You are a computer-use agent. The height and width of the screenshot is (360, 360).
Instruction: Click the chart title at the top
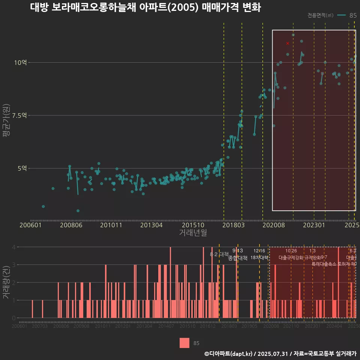tap(145, 7)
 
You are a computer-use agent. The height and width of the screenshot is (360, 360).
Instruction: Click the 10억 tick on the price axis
tap(21, 63)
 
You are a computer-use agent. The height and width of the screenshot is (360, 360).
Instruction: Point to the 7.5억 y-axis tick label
tap(19, 115)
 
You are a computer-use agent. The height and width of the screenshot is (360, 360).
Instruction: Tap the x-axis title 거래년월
tap(193, 232)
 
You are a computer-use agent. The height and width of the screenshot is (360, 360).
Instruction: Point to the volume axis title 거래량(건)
tap(6, 282)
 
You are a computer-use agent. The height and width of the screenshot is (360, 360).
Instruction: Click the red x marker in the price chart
tap(288, 43)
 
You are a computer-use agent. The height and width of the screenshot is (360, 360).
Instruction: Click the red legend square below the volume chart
tap(184, 343)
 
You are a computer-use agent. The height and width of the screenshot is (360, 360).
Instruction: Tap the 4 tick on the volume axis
tap(14, 247)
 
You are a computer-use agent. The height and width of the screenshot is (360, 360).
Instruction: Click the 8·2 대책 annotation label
tap(219, 254)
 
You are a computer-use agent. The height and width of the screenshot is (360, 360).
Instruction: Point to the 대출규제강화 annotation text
tap(291, 258)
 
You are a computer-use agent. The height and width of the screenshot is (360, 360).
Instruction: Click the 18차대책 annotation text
tap(259, 258)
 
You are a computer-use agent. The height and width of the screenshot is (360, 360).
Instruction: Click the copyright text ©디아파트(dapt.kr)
tap(229, 354)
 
